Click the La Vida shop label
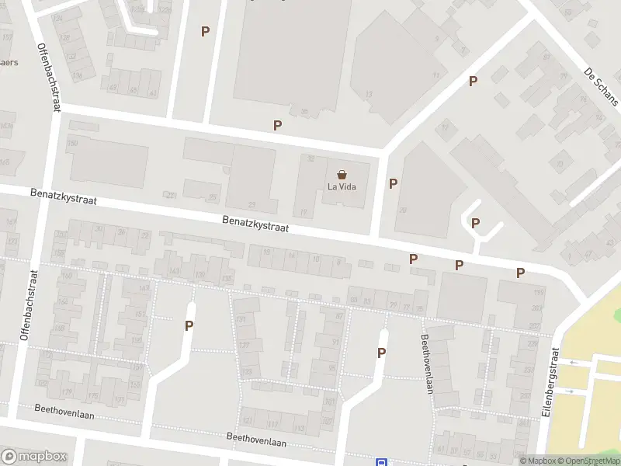tap(342, 186)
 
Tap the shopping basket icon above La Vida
tap(342, 175)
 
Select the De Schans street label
tap(601, 86)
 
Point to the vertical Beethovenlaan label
tap(425, 363)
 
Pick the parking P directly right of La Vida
tap(393, 183)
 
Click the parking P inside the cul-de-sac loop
tap(475, 223)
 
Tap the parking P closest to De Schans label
tap(472, 81)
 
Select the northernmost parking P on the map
tap(205, 31)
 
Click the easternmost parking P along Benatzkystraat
tap(520, 273)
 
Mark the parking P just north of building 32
tap(277, 125)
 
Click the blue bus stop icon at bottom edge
tap(382, 462)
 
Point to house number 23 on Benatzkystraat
tap(252, 204)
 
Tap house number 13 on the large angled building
tap(369, 94)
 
